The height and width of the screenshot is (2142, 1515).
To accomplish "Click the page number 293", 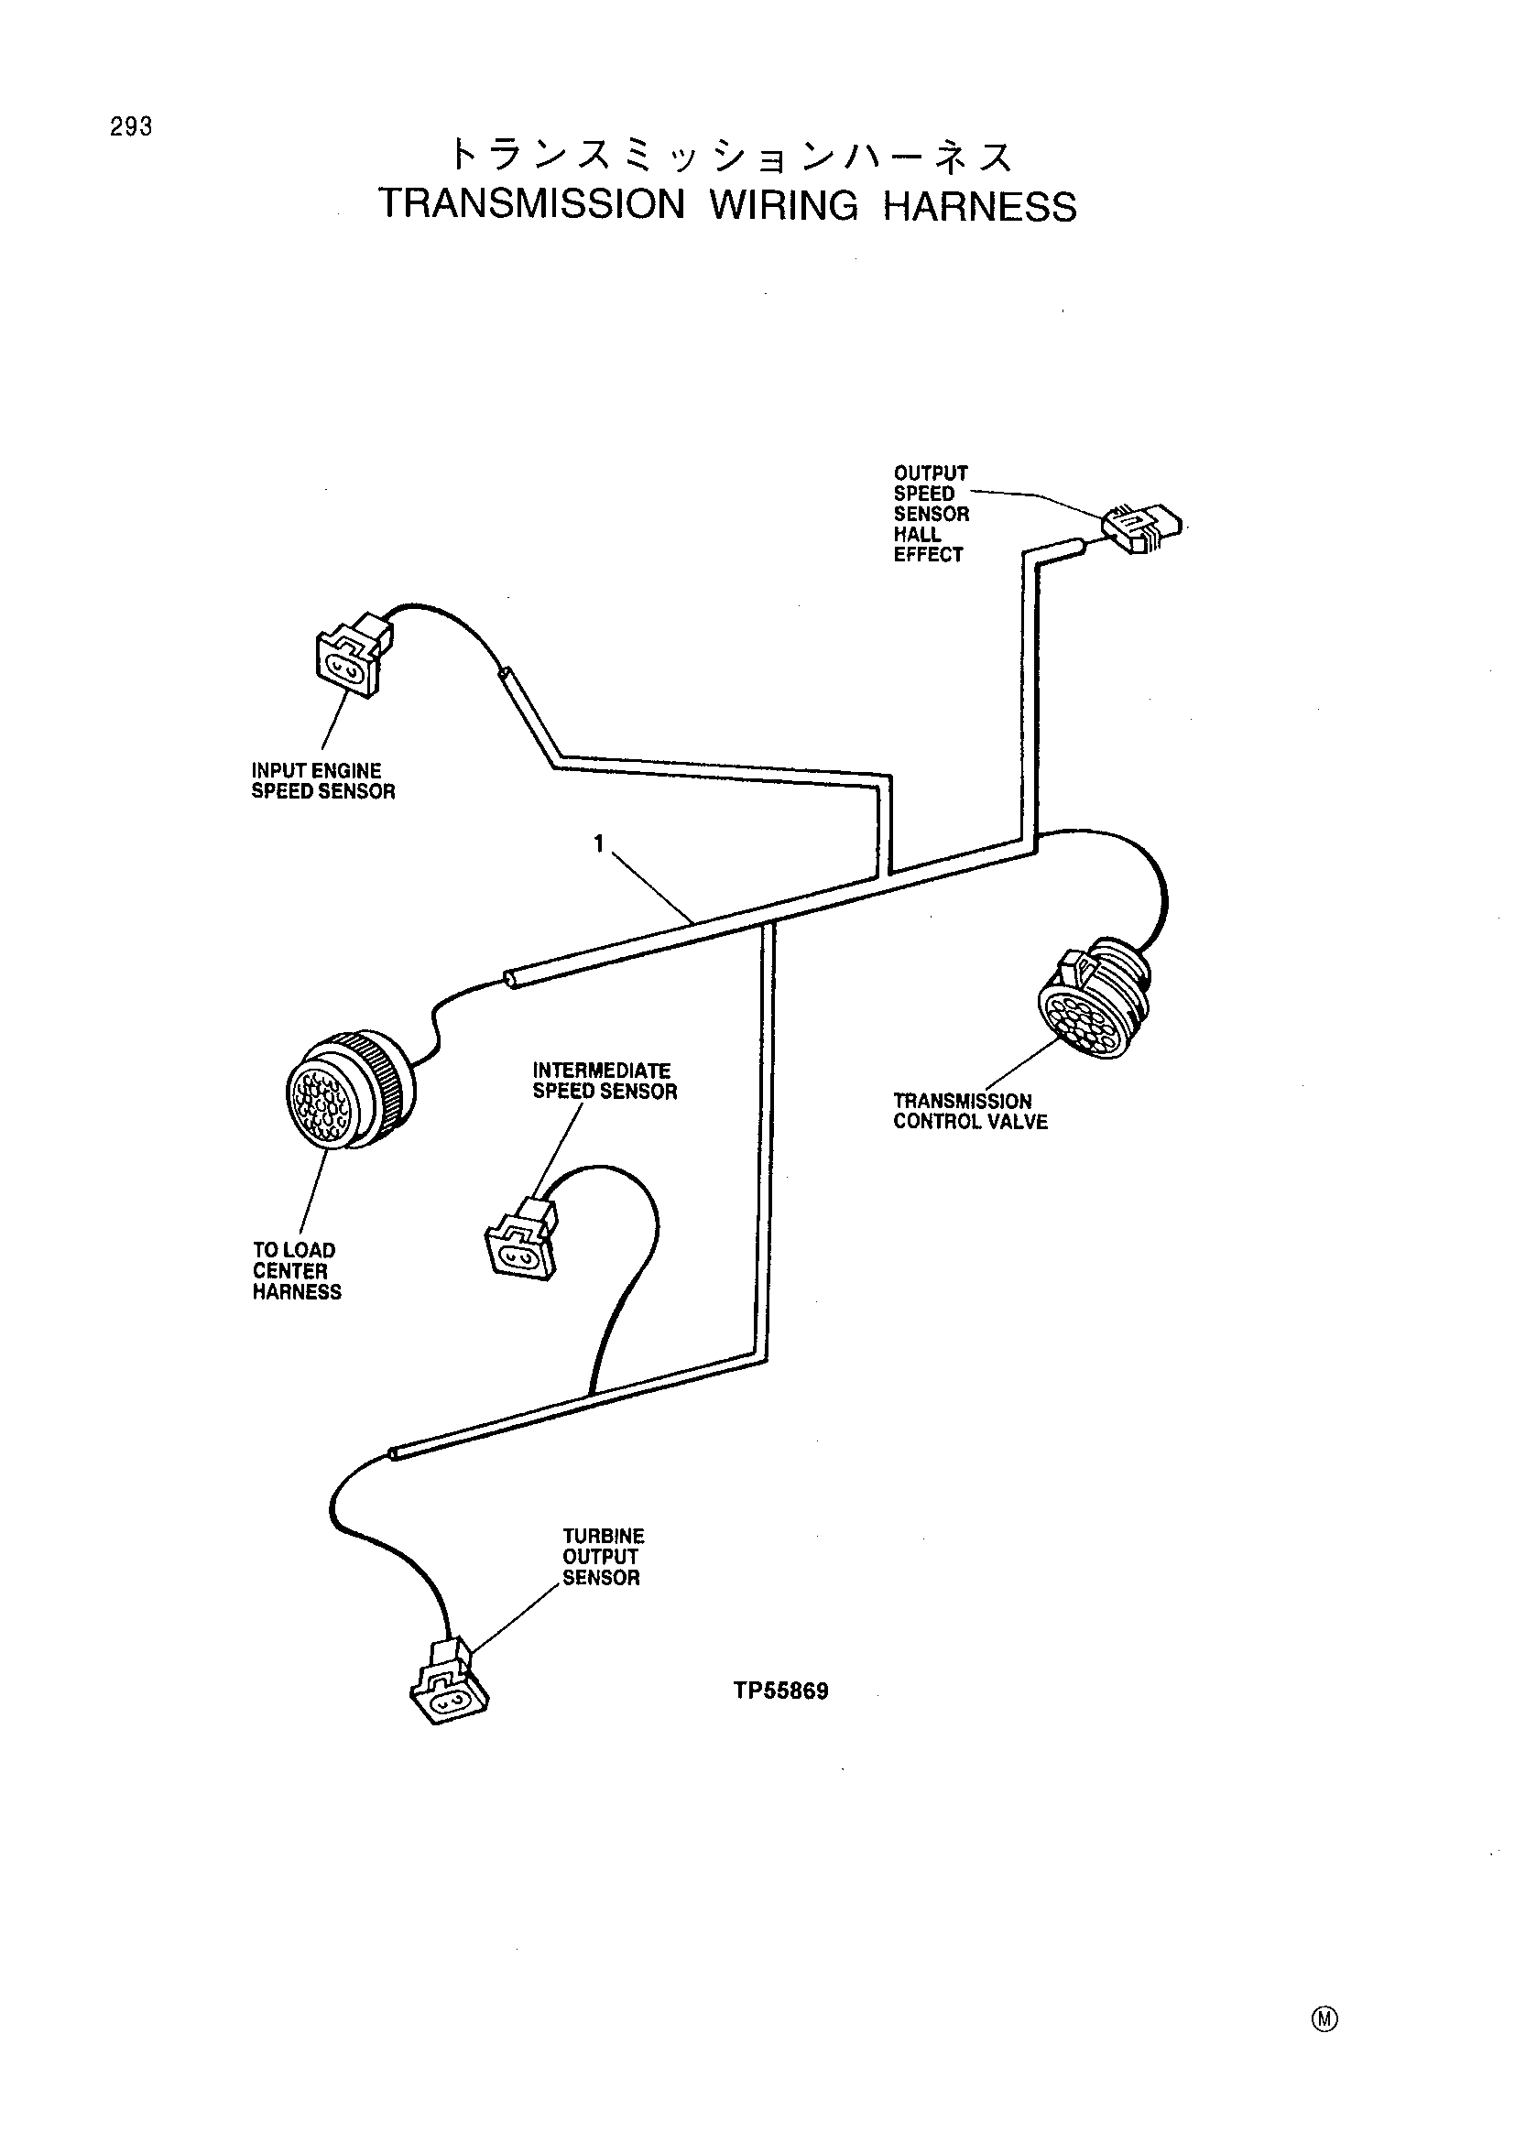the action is click(x=131, y=127).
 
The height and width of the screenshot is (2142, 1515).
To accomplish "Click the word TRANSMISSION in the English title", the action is click(x=532, y=204).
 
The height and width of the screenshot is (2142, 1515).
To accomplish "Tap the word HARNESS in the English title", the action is click(x=979, y=206).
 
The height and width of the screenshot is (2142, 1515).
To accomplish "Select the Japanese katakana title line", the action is click(x=731, y=156).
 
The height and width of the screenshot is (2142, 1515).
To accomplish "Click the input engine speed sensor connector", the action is click(x=354, y=653).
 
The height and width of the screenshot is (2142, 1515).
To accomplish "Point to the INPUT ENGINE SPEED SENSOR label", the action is click(x=322, y=781).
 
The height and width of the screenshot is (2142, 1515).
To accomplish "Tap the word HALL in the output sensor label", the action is click(x=917, y=535).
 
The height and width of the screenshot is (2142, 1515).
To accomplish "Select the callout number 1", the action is click(x=599, y=843).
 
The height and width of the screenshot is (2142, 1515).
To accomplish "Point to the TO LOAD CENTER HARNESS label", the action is click(x=297, y=1271).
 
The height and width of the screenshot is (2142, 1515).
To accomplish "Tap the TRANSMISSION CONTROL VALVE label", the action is click(x=970, y=1111).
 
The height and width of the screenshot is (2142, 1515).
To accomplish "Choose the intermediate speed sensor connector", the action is click(x=521, y=1238).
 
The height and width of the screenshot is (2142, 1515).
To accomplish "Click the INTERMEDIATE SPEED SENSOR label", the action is click(x=605, y=1082).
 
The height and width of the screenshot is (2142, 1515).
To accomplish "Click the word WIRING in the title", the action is click(x=784, y=205).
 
